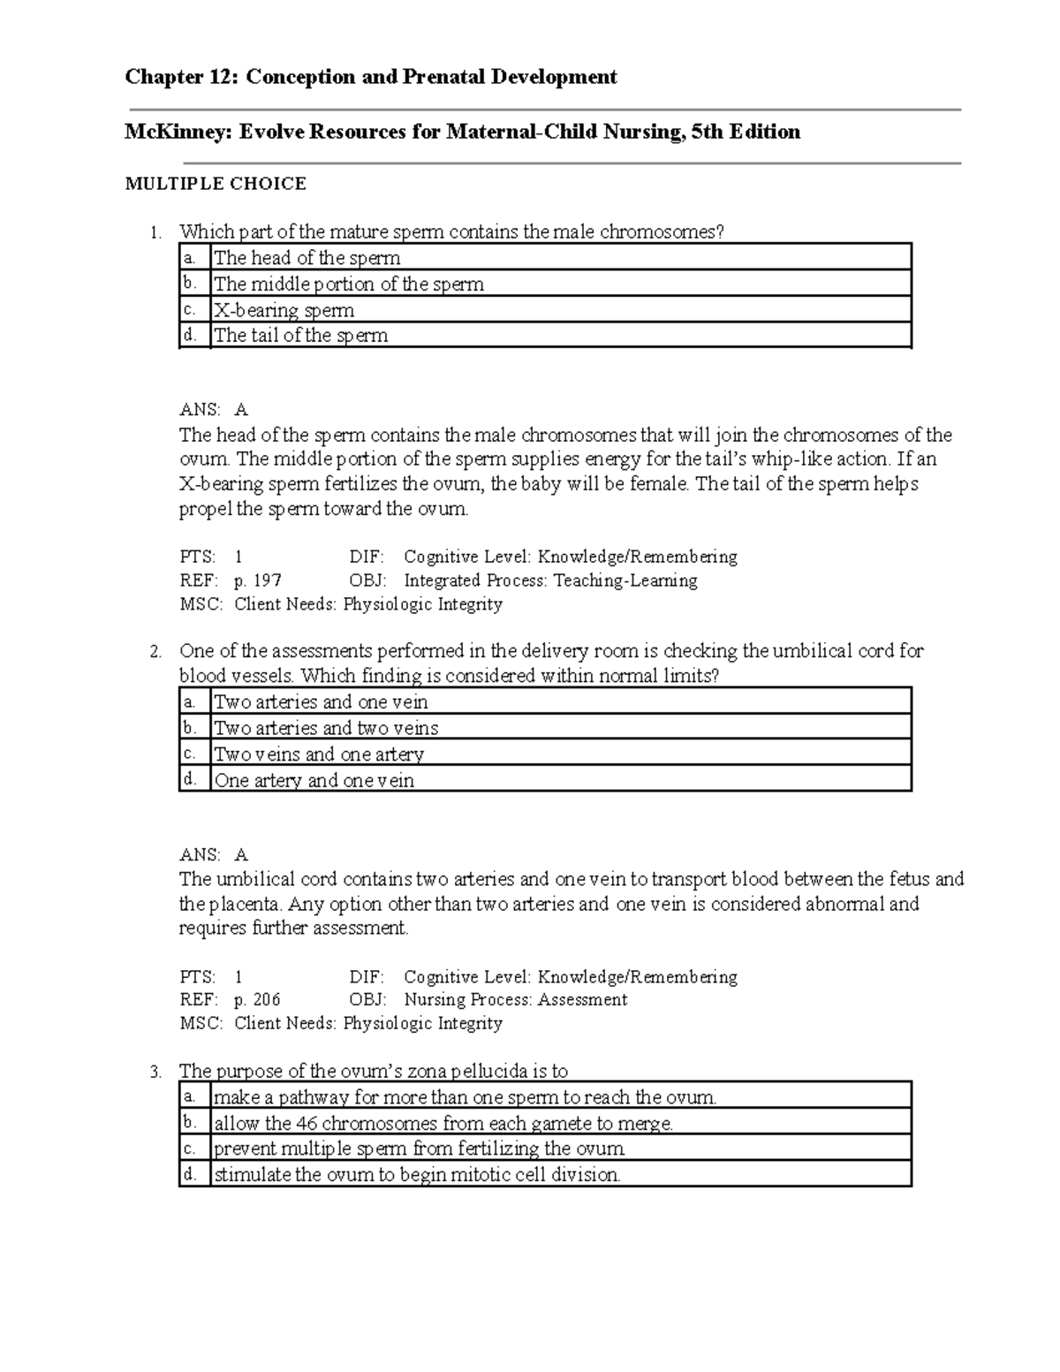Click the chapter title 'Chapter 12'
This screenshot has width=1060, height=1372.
point(180,77)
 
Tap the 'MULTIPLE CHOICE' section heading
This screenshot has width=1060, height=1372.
point(216,184)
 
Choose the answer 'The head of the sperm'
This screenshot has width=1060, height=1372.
point(307,258)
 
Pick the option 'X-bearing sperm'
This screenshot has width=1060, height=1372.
point(284,310)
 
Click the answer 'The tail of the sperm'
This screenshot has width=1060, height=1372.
point(300,336)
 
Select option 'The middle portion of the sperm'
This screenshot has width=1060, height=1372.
point(349,284)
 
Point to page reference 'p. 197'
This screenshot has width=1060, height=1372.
point(257,580)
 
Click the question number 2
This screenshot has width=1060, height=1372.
point(155,653)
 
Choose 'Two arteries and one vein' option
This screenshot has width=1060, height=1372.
point(321,702)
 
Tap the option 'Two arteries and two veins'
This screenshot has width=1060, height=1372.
point(326,728)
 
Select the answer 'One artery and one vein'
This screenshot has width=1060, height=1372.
point(314,780)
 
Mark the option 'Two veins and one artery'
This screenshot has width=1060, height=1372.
point(319,754)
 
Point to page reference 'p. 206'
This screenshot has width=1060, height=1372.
point(257,1000)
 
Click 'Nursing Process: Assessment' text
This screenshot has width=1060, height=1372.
point(515,1000)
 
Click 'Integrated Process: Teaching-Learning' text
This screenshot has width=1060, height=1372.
point(550,580)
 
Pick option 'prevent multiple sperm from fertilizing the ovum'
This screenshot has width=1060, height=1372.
point(420,1148)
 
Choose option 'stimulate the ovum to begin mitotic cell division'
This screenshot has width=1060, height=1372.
point(417,1175)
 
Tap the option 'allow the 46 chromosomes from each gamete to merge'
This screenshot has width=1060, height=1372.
point(443,1124)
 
